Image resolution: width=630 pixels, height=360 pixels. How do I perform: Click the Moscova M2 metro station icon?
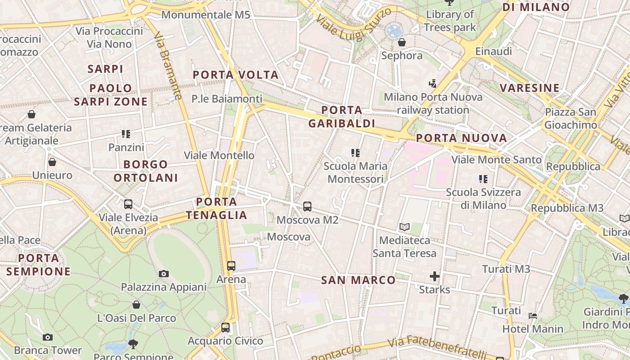[307, 207]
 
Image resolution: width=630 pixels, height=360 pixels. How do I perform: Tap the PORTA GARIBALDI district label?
[342, 117]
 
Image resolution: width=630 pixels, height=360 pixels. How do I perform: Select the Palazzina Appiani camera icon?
[164, 274]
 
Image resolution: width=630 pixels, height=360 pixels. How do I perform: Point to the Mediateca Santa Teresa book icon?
[405, 227]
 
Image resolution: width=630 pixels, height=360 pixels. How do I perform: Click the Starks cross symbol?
[434, 276]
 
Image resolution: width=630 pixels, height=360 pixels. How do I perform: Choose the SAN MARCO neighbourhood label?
[358, 280]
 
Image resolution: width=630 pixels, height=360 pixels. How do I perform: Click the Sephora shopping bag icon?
[401, 43]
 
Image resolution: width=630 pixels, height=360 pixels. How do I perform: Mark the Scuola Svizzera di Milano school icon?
[483, 179]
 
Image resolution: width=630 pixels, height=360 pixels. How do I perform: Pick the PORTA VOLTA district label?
[236, 75]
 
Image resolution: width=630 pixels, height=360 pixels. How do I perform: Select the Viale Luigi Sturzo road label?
[354, 25]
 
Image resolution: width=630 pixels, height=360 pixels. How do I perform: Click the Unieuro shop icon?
[52, 162]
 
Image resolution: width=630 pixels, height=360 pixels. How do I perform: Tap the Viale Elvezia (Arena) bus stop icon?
[128, 204]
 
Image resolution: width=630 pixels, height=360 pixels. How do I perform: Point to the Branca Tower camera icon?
[48, 337]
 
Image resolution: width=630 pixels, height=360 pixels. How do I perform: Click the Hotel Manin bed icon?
[533, 316]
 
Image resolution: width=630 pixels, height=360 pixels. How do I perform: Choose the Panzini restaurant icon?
[126, 134]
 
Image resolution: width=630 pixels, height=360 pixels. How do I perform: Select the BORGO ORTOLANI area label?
[145, 171]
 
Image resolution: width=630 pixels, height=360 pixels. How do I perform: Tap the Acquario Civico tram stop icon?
[225, 328]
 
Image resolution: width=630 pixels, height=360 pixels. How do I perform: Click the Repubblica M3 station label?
[567, 208]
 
